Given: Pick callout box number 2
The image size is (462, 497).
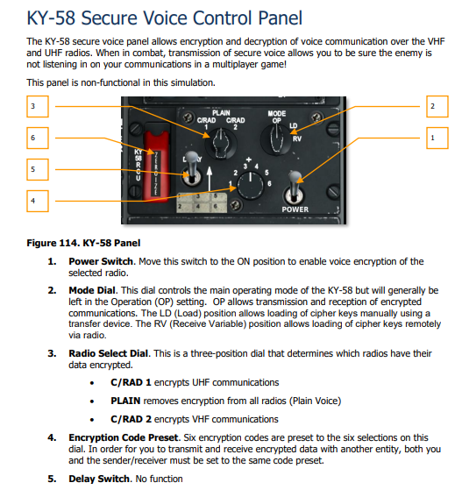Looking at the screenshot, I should pyautogui.click(x=431, y=107).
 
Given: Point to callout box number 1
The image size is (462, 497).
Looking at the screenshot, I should pyautogui.click(x=431, y=138).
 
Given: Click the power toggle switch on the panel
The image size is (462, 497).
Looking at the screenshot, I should pyautogui.click(x=295, y=187).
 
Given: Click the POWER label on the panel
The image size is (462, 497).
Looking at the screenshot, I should pyautogui.click(x=295, y=210).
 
